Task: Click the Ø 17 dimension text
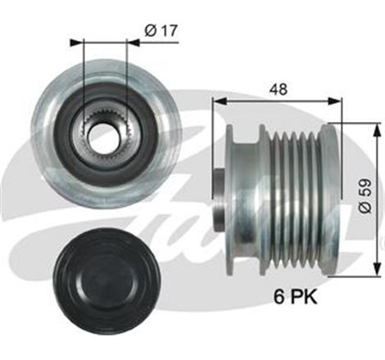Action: [161, 30]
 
